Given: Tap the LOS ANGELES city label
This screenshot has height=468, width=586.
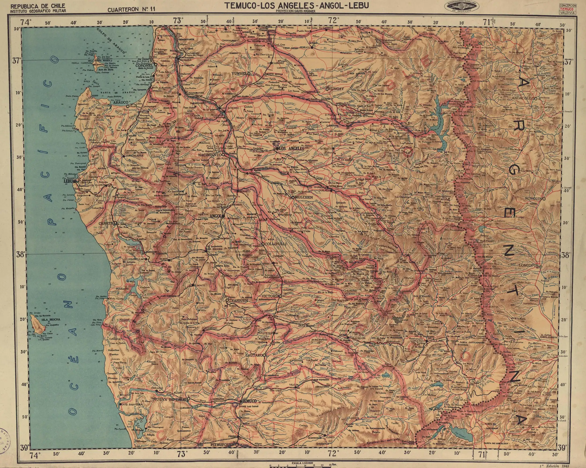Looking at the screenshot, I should point(291,149).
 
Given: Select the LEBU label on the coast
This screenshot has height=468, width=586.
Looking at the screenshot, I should point(68,181).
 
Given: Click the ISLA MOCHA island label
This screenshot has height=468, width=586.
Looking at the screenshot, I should point(51,320).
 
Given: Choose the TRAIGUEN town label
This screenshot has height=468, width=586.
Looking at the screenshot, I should point(238,301).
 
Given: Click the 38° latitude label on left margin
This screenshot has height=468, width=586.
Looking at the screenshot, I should point(21,255).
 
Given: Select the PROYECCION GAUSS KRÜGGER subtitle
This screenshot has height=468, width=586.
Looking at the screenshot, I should point(295,11).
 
